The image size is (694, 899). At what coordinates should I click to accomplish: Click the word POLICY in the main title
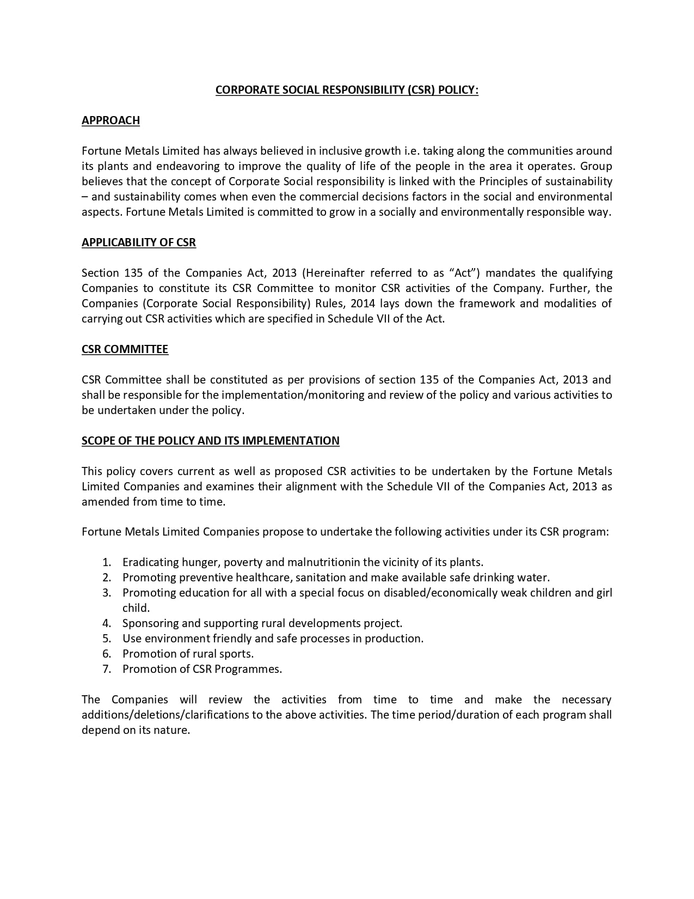click(x=458, y=90)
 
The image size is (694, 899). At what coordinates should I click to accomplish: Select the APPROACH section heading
click(x=110, y=120)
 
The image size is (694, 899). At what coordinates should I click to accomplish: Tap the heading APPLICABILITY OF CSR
click(x=139, y=242)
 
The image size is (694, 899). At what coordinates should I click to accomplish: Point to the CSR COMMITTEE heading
click(x=125, y=349)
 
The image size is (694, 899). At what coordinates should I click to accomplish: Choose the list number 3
click(x=107, y=593)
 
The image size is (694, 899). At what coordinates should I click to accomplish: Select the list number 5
click(x=107, y=639)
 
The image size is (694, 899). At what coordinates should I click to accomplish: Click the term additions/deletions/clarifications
click(x=165, y=715)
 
